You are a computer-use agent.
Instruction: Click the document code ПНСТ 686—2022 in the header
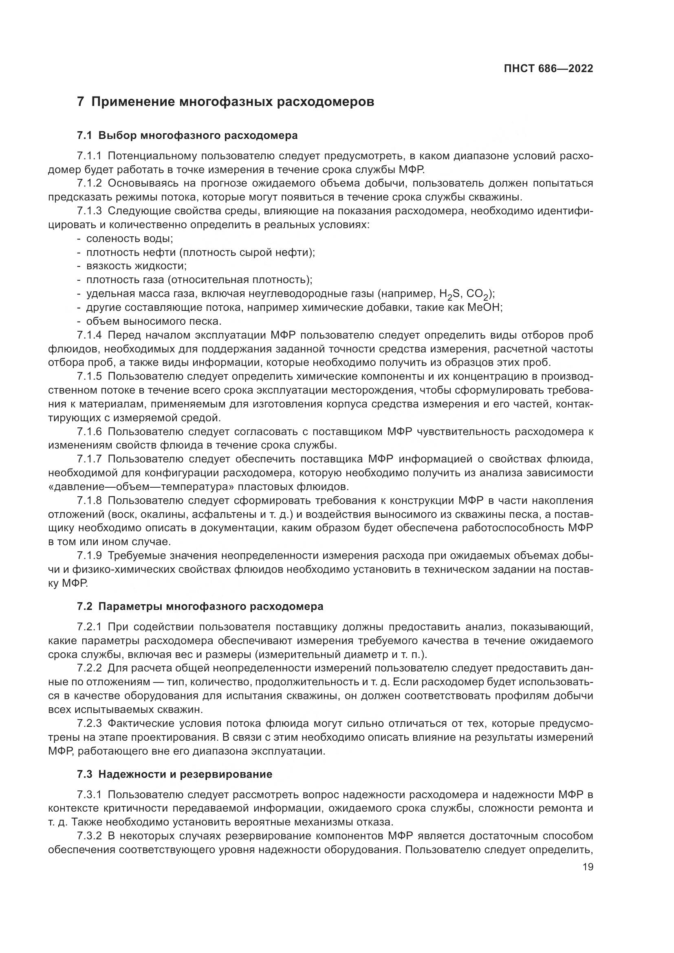click(x=548, y=68)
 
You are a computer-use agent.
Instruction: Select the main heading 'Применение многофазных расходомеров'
click(x=232, y=102)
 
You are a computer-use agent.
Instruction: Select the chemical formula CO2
click(x=478, y=294)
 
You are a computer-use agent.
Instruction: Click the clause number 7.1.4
click(x=89, y=335)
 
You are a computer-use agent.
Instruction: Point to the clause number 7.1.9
click(x=89, y=556)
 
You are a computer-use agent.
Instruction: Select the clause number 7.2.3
click(x=89, y=724)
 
